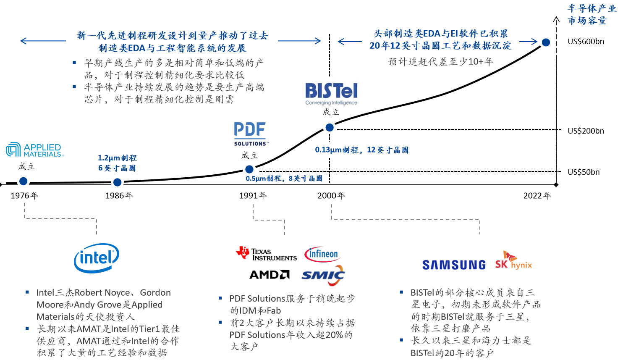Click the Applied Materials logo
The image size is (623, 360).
[35, 150]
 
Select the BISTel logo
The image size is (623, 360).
[331, 94]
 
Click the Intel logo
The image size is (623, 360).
[97, 258]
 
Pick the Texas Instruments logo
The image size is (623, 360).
[266, 253]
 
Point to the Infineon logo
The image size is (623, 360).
[322, 254]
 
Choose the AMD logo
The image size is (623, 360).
[269, 275]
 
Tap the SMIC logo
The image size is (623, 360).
[323, 275]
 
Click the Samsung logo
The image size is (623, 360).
[454, 265]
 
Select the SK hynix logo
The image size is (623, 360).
[513, 261]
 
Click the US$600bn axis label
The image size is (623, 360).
[586, 42]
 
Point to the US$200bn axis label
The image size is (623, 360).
[586, 131]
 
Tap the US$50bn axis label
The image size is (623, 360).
[584, 172]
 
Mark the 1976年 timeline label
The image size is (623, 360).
[24, 196]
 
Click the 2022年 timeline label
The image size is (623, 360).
[537, 196]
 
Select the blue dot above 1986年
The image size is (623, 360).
[118, 182]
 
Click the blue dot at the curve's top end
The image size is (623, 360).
[546, 42]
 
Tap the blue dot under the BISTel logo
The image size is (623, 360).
[330, 128]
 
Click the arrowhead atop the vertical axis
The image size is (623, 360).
[556, 17]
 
